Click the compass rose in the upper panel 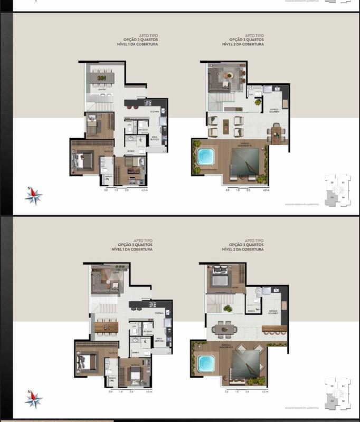[34, 196]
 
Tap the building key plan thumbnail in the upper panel [338, 190]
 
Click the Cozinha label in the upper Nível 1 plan [155, 111]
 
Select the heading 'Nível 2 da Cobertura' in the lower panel [246, 250]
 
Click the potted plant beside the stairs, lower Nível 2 [228, 309]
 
